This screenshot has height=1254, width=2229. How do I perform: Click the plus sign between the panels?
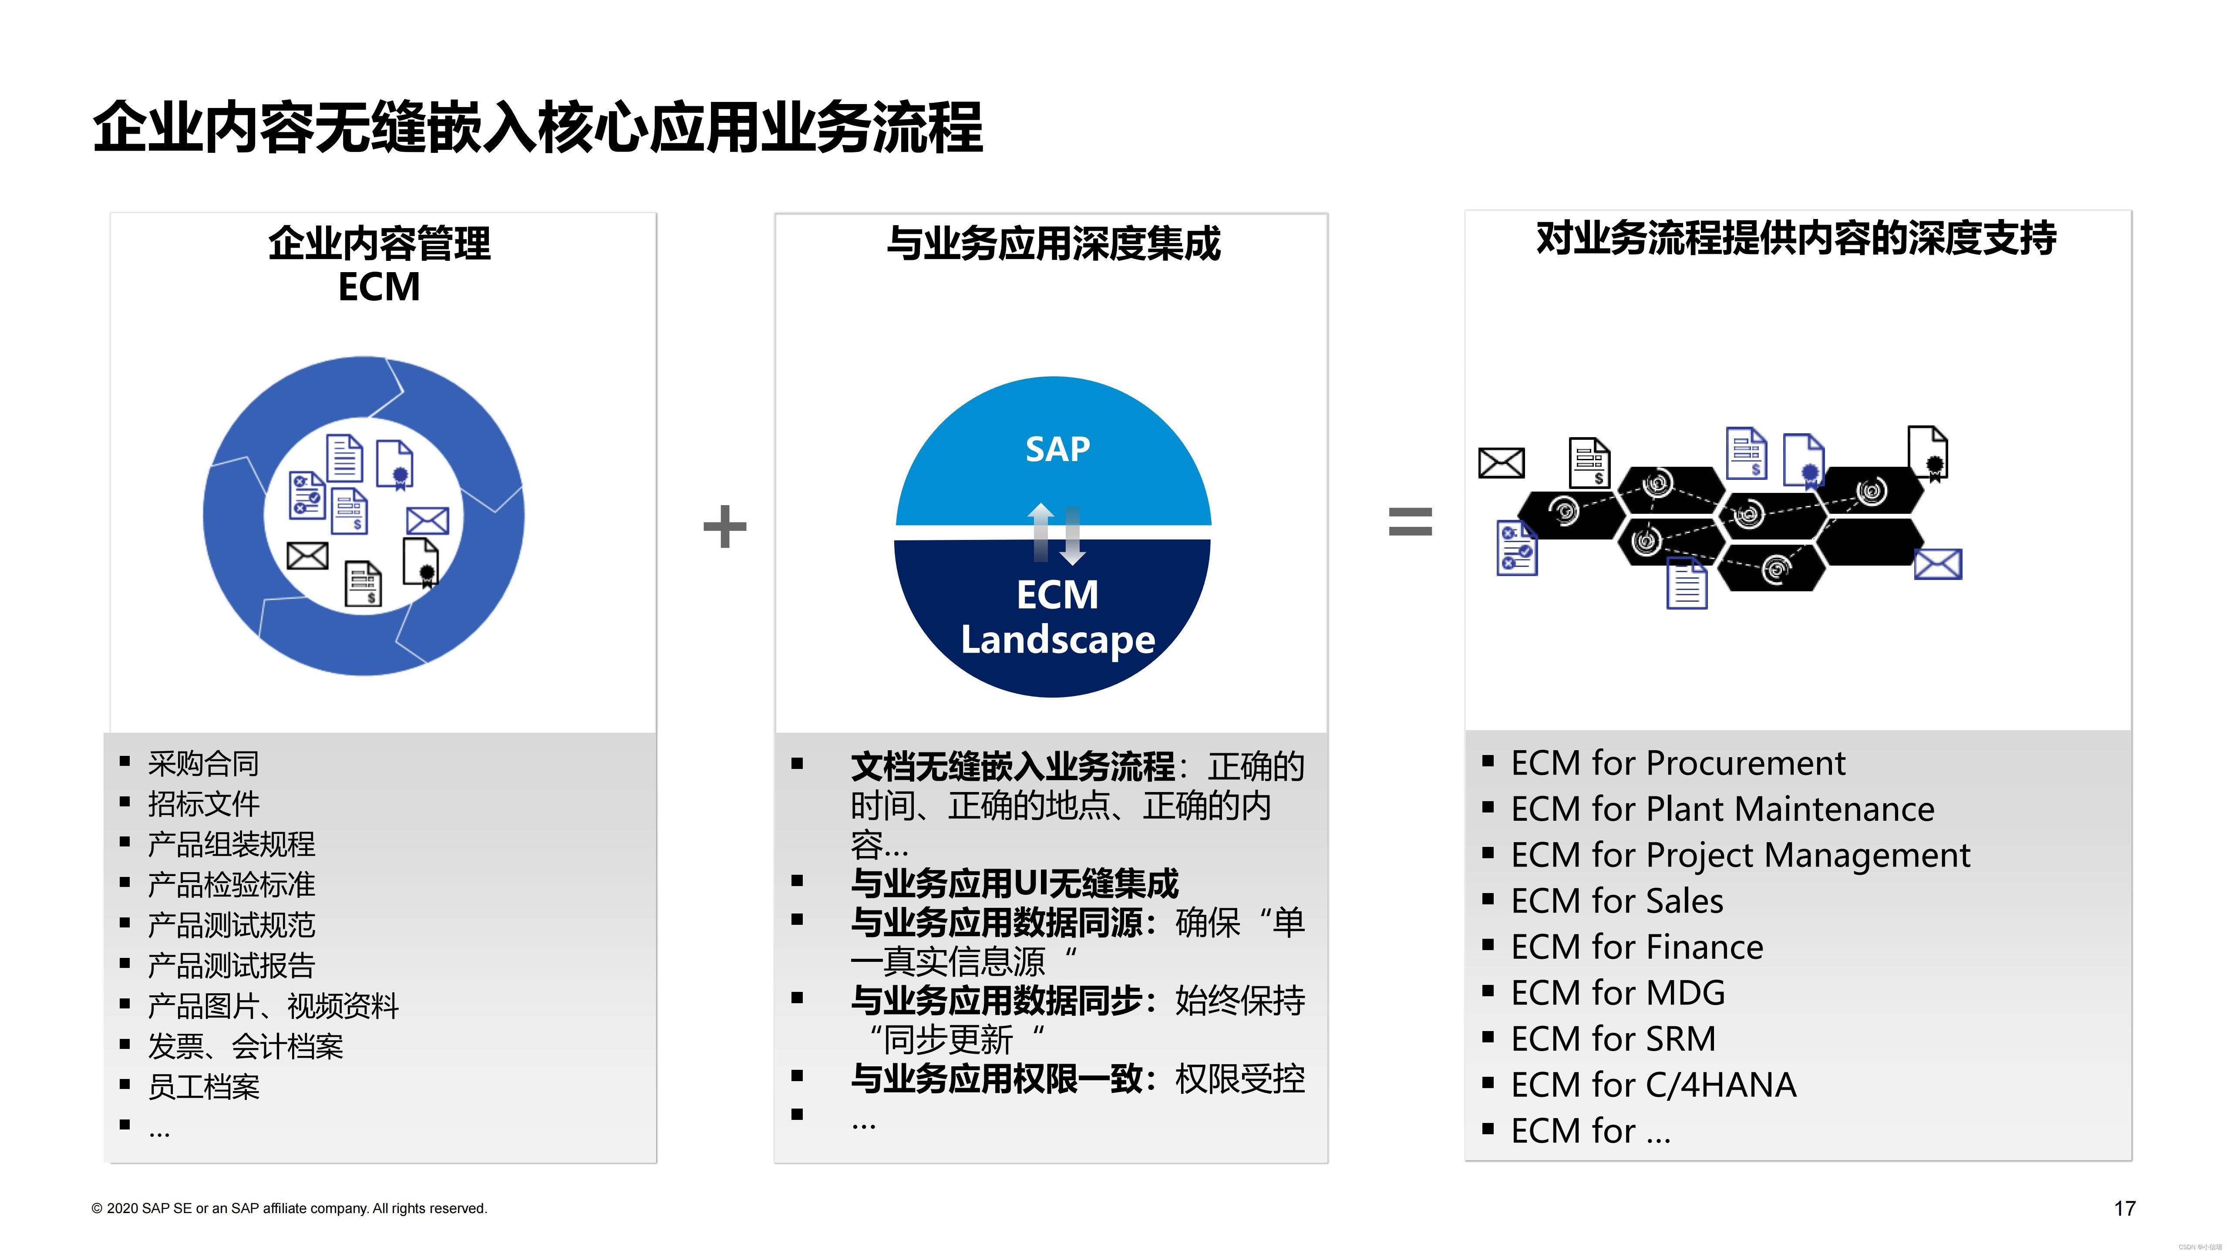point(724,526)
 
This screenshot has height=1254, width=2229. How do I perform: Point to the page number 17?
point(2125,1208)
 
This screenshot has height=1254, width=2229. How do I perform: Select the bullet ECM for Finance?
point(1636,947)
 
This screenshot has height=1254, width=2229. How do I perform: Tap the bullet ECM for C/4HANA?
point(1653,1084)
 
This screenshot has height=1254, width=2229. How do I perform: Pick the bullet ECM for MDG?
point(1617,993)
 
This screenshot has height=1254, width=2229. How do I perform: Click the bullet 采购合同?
point(203,763)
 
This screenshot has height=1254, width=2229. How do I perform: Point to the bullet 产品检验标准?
point(231,884)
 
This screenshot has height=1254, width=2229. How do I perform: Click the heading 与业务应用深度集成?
point(1053,243)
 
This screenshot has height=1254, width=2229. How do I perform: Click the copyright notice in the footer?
point(290,1208)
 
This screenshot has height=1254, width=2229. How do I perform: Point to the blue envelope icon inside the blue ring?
point(428,521)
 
